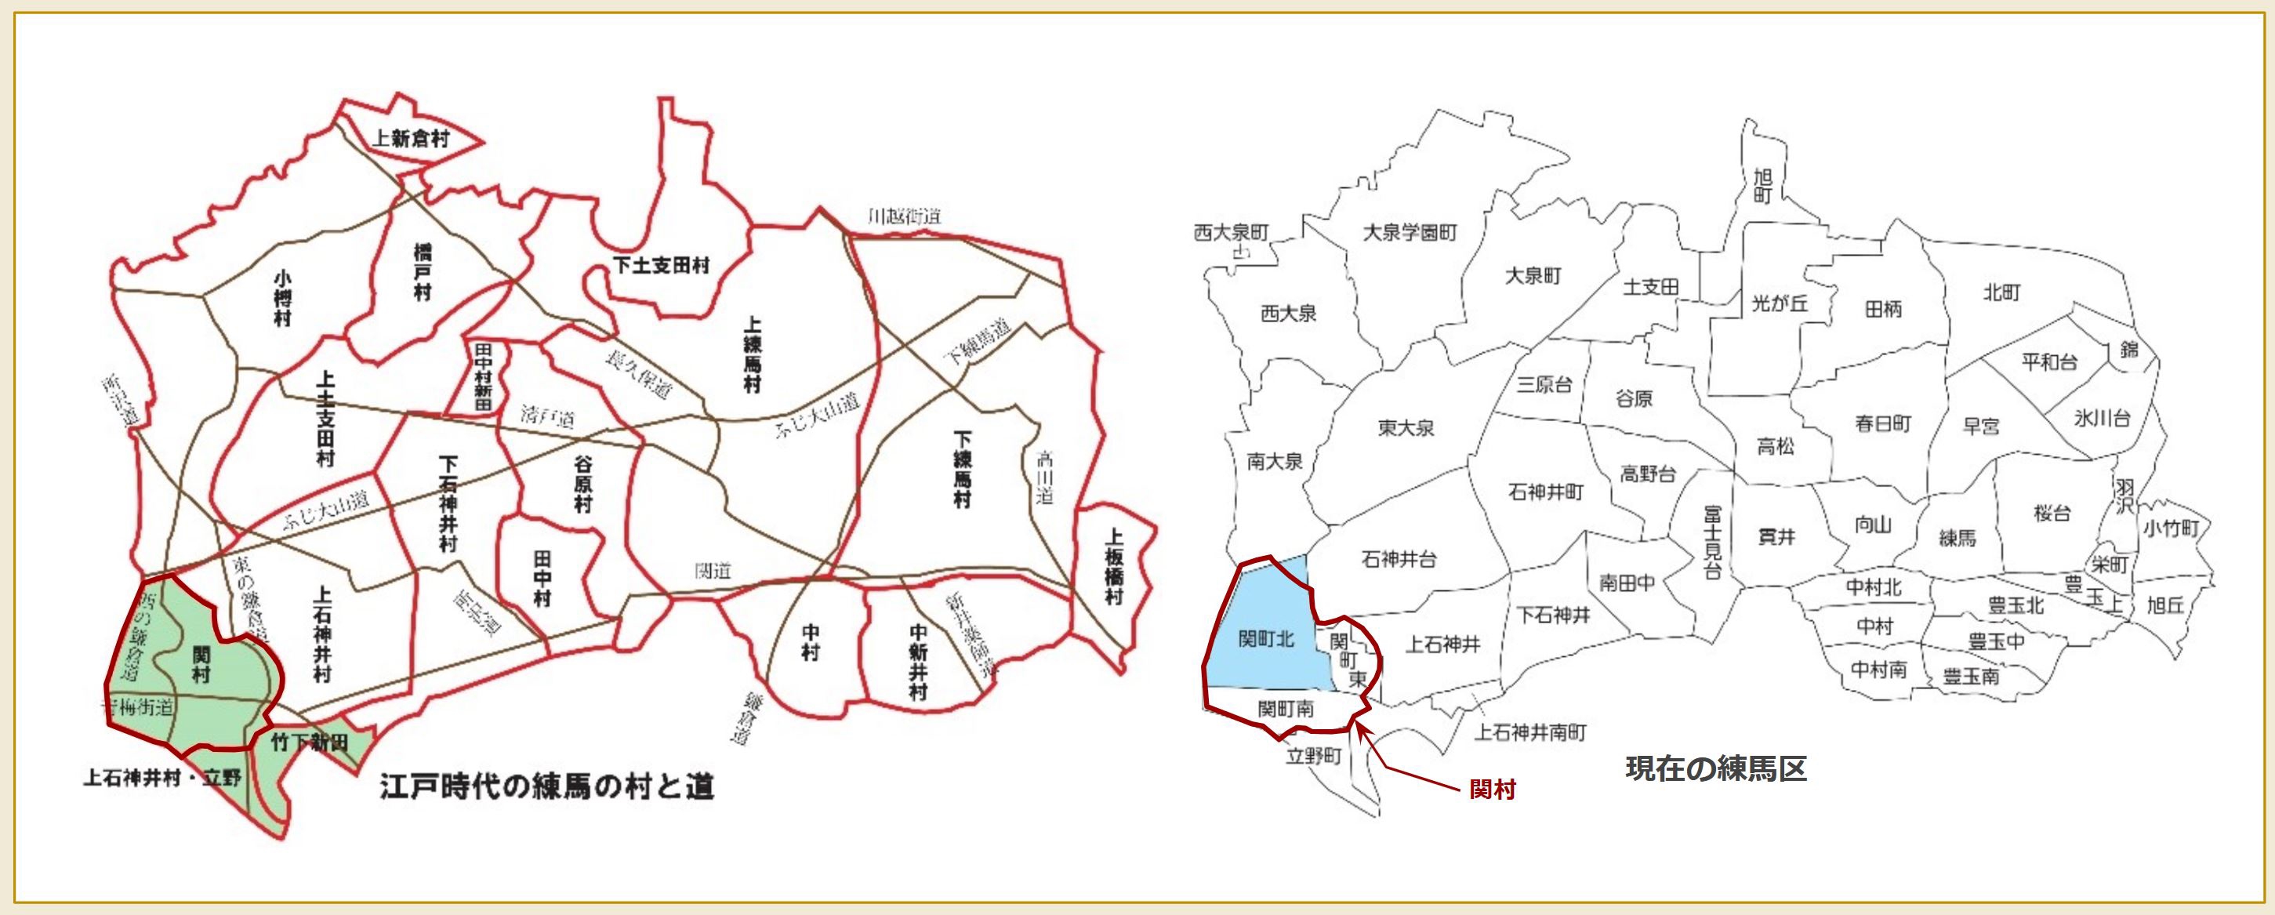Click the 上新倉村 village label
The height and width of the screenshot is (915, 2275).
pos(411,139)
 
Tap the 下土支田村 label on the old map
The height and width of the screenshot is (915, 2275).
pos(662,265)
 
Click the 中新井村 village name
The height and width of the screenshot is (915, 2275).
pos(919,662)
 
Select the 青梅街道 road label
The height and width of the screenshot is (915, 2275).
pos(138,706)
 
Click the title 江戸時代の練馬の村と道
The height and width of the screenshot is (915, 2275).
pos(546,786)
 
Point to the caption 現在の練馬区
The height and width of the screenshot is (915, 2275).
pos(1716,768)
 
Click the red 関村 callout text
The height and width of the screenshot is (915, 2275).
pos(1492,790)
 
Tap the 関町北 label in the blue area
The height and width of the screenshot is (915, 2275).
pos(1265,637)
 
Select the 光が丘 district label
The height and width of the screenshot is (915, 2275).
pos(1780,303)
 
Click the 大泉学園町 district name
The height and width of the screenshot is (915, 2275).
pos(1410,233)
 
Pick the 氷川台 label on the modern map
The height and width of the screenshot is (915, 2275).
pos(2102,418)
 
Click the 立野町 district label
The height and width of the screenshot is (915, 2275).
pos(1313,756)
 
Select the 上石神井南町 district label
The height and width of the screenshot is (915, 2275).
pos(1530,732)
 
